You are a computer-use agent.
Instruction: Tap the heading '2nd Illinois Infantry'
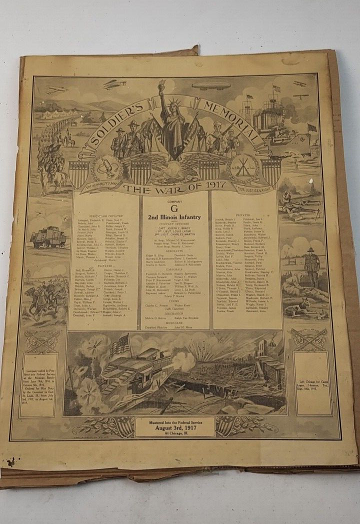(174, 217)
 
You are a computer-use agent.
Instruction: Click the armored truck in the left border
(48, 237)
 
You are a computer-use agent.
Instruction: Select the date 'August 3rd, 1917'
(174, 429)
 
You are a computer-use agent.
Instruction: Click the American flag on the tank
(119, 345)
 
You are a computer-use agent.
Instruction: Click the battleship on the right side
(280, 125)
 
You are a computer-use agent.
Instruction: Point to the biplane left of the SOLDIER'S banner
(115, 84)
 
